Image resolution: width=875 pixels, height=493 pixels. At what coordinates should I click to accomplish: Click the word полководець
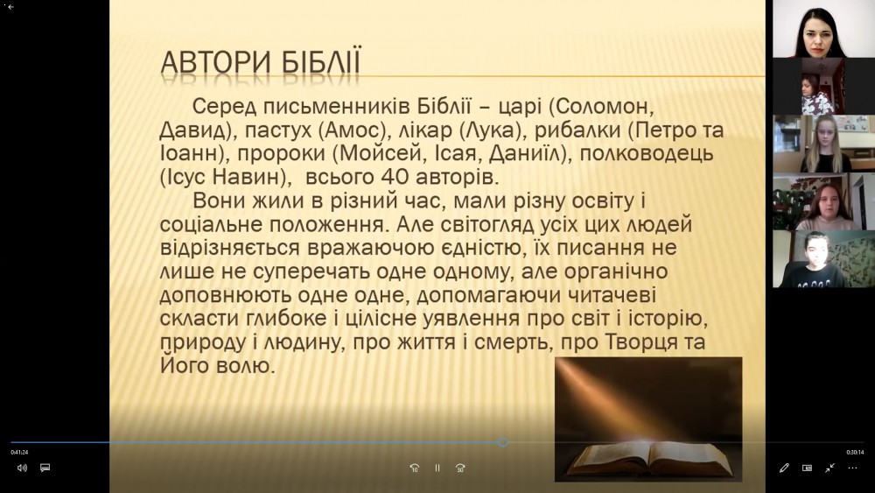coord(647,153)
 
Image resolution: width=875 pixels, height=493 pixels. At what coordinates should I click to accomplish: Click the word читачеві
coord(612,295)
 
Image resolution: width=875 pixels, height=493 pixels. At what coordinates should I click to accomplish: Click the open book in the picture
coord(647,458)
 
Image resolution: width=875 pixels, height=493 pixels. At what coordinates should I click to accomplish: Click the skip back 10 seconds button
coord(414,468)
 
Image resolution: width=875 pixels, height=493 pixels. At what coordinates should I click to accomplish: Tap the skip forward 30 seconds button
coord(460,468)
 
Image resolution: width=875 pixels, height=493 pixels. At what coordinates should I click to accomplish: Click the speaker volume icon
coord(22,468)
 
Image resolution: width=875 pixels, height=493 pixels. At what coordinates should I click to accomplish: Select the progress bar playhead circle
coord(503,443)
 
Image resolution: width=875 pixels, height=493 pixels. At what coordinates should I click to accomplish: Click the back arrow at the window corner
coord(10,7)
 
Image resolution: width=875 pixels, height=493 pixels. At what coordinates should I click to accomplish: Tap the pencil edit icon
coord(784,468)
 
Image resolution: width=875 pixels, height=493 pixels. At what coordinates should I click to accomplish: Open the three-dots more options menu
coord(852,468)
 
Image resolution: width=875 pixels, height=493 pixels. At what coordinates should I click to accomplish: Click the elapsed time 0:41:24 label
coord(19,452)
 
